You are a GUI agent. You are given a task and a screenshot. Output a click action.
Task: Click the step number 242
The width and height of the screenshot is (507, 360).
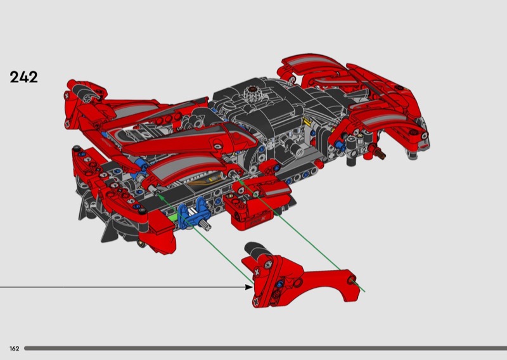(23, 77)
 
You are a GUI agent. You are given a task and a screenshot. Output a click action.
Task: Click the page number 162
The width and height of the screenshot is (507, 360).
(14, 349)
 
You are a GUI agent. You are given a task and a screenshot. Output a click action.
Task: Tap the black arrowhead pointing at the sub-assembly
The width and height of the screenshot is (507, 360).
(249, 286)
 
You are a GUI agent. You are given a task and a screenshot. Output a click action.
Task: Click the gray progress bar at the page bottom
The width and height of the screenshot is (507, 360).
(266, 349)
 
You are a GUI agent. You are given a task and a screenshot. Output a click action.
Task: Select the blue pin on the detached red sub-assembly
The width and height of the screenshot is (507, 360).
(279, 284)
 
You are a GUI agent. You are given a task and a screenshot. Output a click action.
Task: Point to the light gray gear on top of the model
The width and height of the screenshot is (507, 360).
(253, 93)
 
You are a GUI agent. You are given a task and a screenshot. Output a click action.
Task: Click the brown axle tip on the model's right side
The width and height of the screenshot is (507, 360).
(380, 153)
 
